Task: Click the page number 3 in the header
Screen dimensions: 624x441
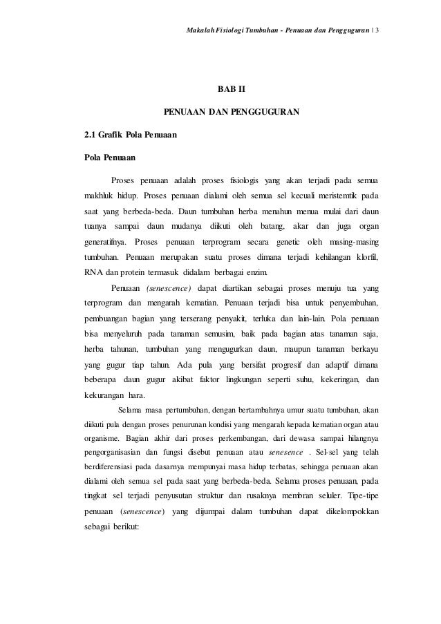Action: click(x=387, y=12)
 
